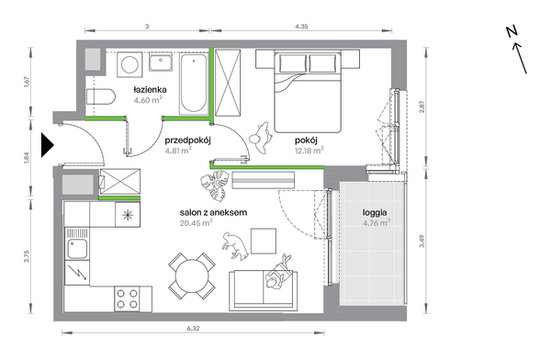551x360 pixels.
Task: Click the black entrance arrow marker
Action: (x=47, y=145)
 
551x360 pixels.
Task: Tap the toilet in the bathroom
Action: (x=101, y=96)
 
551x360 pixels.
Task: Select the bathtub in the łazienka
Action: (x=193, y=84)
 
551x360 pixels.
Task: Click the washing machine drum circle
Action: (x=129, y=64)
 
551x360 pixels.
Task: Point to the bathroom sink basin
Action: (x=160, y=63)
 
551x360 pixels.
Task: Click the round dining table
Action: (x=192, y=276)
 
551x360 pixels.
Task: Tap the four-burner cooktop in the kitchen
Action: (x=127, y=298)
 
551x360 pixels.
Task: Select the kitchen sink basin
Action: (x=77, y=248)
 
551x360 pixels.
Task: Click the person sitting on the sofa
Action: (x=278, y=273)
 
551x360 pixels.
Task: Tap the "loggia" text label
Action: (x=375, y=212)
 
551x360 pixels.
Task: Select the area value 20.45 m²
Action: (x=197, y=223)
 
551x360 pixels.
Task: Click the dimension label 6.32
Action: (x=193, y=329)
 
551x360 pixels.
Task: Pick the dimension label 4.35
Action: (x=301, y=27)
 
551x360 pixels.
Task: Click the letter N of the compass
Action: (x=512, y=31)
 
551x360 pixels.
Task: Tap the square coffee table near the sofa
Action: (x=264, y=241)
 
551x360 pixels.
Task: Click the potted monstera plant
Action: (x=213, y=186)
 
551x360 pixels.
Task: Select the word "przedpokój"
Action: (x=187, y=141)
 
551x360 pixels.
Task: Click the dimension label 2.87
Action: (x=422, y=107)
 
